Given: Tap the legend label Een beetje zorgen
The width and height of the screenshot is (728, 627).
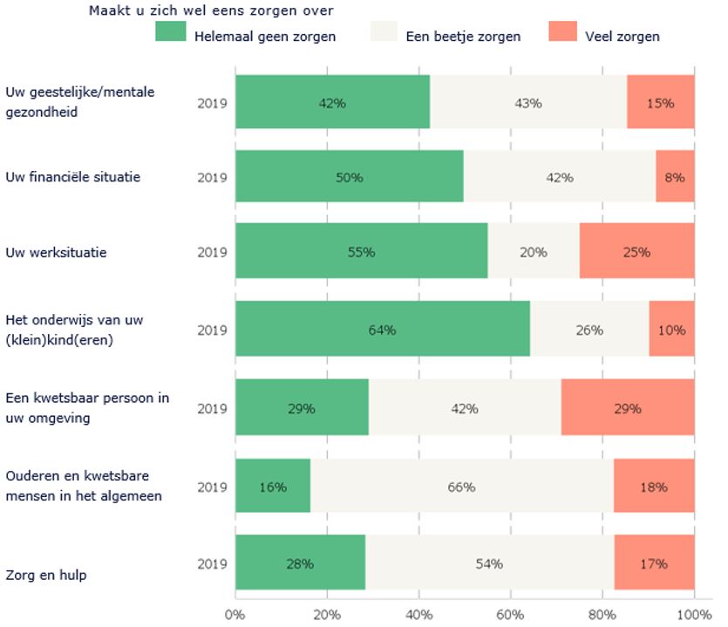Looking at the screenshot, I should [464, 37].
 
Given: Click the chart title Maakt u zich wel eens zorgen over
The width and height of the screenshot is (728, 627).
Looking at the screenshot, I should [212, 11].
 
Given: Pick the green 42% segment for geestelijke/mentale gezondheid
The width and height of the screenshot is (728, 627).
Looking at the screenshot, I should [332, 103].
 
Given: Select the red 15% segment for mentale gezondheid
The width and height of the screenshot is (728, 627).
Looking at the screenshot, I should [660, 103].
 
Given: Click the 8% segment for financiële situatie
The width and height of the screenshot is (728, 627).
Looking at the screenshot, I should [675, 177].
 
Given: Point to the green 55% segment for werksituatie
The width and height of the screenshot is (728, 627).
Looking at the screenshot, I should [361, 252].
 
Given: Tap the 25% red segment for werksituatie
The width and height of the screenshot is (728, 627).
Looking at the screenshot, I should [636, 252].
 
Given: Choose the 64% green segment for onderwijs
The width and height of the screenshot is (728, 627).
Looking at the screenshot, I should [382, 330].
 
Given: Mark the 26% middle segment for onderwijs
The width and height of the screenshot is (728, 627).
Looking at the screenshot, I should [589, 330].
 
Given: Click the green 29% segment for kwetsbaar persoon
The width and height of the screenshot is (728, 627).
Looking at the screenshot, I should [302, 407].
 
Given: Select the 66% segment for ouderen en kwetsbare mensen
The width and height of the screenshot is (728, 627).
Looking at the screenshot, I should [461, 487].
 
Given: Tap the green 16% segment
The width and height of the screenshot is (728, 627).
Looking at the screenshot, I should [273, 487].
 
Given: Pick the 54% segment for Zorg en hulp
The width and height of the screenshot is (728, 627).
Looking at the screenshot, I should [489, 563].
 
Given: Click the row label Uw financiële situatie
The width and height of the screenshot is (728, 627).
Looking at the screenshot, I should [73, 177].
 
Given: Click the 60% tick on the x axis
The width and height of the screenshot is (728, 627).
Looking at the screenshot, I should [511, 614].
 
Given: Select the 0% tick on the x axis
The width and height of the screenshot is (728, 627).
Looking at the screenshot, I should [235, 614].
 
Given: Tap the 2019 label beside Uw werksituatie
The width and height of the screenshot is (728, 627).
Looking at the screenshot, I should [212, 252].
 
